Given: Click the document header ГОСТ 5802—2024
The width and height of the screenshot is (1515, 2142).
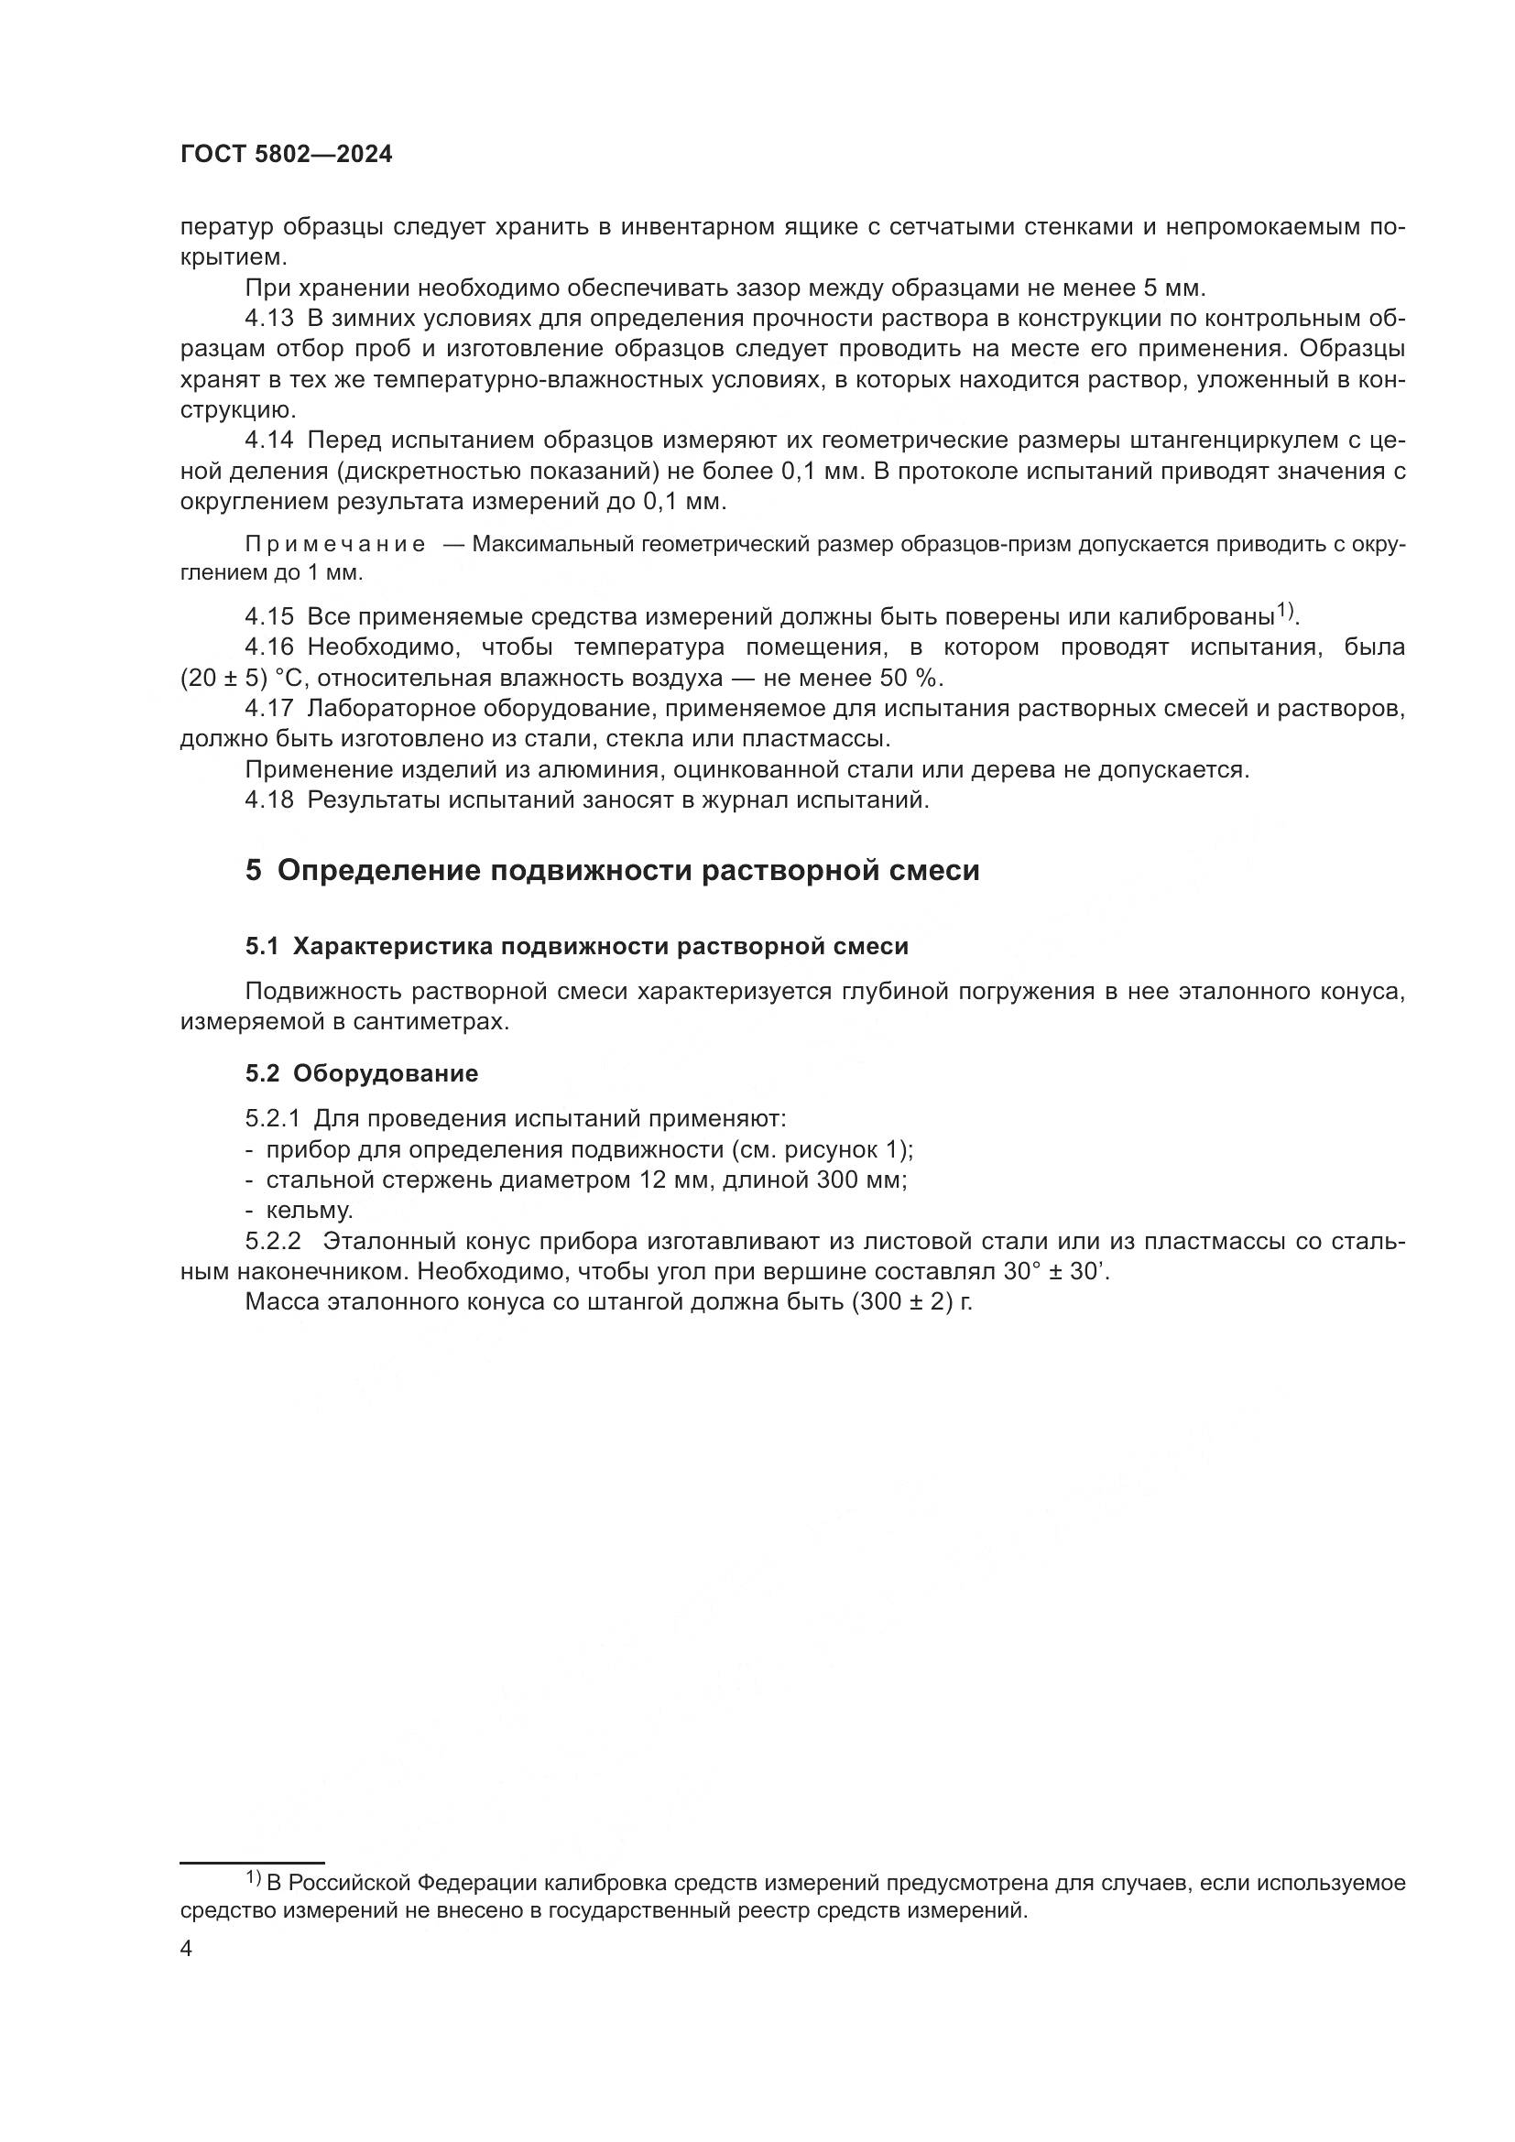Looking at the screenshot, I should pyautogui.click(x=287, y=155).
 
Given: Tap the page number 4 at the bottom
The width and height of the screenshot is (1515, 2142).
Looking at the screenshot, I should pyautogui.click(x=187, y=1949).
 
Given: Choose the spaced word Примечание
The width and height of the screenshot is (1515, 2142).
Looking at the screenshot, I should pyautogui.click(x=335, y=544).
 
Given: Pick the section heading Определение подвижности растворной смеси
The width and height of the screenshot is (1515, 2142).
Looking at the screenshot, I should pyautogui.click(x=627, y=870).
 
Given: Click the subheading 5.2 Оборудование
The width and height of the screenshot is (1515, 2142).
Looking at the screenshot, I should pyautogui.click(x=362, y=1074).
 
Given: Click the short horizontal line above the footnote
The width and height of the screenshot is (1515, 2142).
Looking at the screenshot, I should pyautogui.click(x=252, y=1837).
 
